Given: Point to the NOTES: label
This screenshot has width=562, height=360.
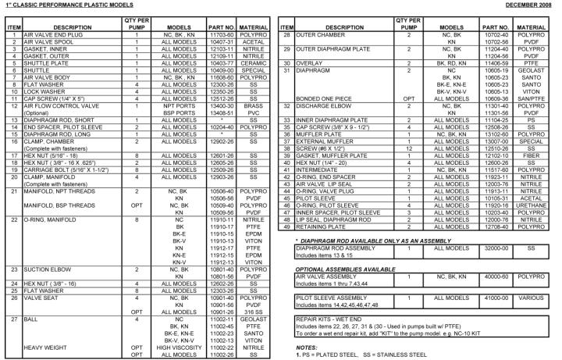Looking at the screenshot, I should point(307,346).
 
